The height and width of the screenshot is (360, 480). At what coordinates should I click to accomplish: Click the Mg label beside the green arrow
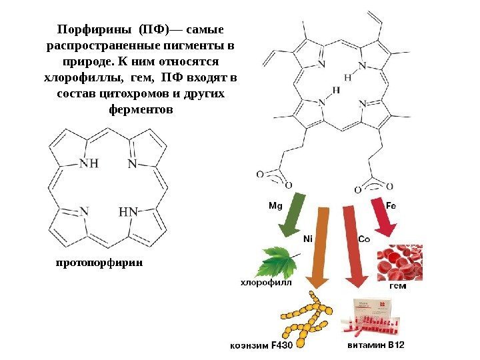[x=275, y=205]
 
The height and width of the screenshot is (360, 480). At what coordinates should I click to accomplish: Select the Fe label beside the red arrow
[x=391, y=205]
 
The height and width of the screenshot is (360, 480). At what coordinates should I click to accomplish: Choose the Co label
[x=365, y=238]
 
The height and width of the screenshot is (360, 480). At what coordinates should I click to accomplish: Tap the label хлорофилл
[x=266, y=283]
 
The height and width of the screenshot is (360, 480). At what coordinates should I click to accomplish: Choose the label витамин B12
[x=376, y=345]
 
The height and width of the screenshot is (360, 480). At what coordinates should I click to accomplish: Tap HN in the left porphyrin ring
[x=128, y=212]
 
